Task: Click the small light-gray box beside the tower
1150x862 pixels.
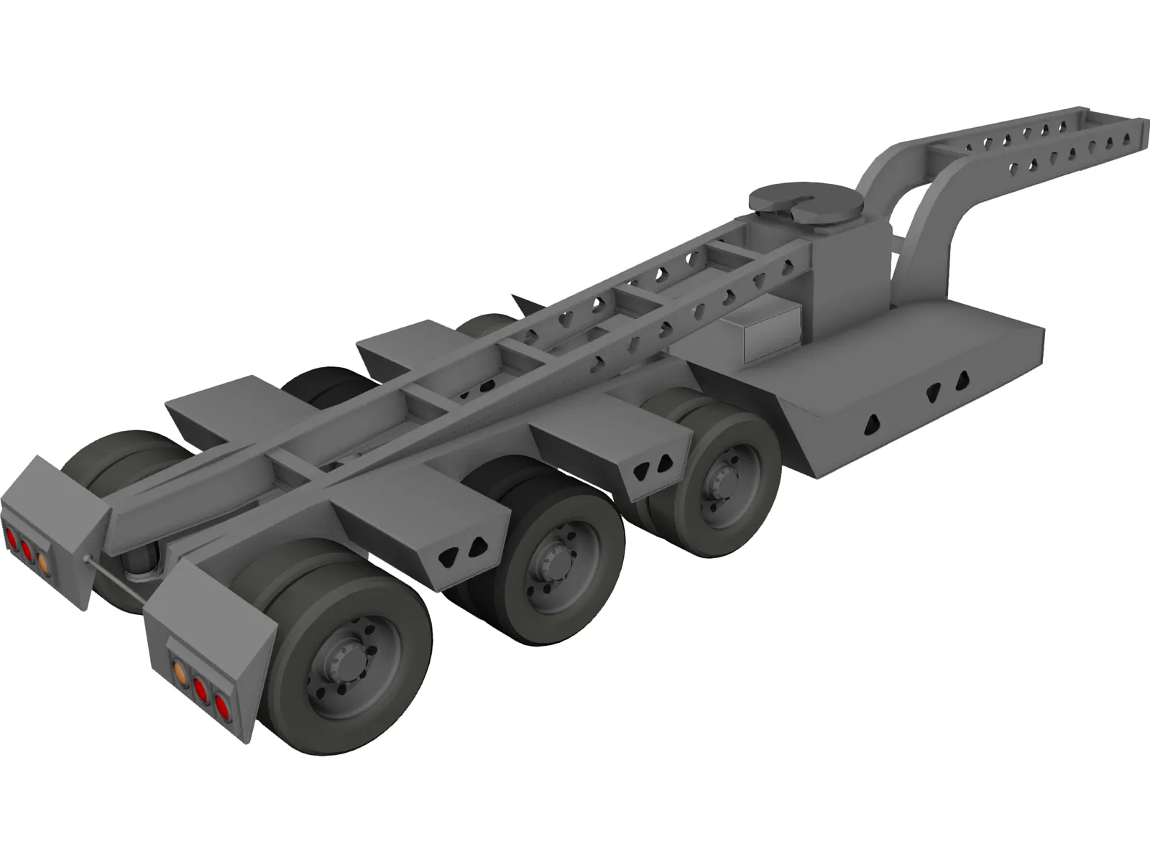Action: [773, 330]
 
